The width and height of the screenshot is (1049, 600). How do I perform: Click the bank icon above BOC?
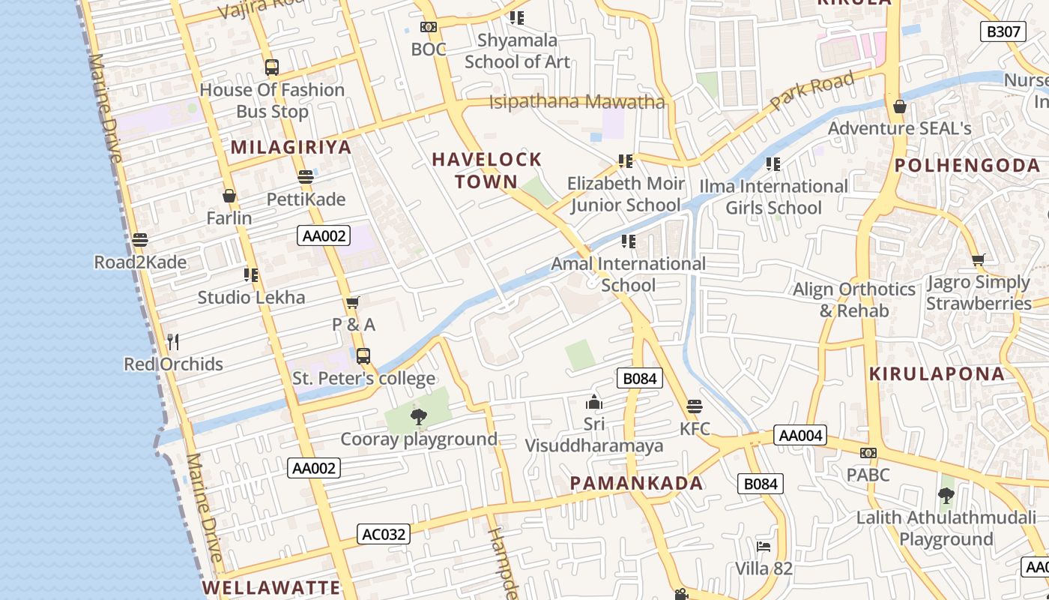click(x=429, y=27)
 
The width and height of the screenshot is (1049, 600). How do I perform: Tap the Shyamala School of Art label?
click(x=517, y=51)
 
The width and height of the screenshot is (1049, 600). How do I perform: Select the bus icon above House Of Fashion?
click(x=272, y=67)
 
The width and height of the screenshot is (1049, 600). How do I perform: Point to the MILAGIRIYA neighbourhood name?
click(x=291, y=147)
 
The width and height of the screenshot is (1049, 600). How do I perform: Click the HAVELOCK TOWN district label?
click(x=487, y=170)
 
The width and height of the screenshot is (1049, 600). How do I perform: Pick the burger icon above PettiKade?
click(x=305, y=177)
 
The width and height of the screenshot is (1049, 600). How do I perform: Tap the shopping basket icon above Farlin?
click(x=229, y=196)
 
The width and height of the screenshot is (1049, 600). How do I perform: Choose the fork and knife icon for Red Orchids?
click(x=173, y=342)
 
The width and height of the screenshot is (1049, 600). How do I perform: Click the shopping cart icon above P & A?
click(x=353, y=302)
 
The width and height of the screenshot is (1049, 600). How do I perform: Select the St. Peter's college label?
click(x=363, y=379)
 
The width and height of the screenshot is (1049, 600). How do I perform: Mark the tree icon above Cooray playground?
click(x=419, y=417)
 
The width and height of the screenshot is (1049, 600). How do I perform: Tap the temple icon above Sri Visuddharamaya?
click(x=594, y=403)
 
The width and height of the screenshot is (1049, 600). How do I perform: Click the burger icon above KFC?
click(x=695, y=407)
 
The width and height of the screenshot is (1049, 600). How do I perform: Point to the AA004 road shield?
click(x=800, y=435)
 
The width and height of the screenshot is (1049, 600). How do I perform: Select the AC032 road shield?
click(x=383, y=534)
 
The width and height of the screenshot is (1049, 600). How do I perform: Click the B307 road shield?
click(x=1003, y=31)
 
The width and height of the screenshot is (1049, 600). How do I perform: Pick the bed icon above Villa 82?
click(x=764, y=546)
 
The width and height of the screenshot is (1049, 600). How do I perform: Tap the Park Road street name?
click(x=812, y=91)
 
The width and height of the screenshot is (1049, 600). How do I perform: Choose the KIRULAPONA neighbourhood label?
click(x=937, y=373)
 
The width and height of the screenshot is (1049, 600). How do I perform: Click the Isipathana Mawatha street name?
click(x=577, y=101)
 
